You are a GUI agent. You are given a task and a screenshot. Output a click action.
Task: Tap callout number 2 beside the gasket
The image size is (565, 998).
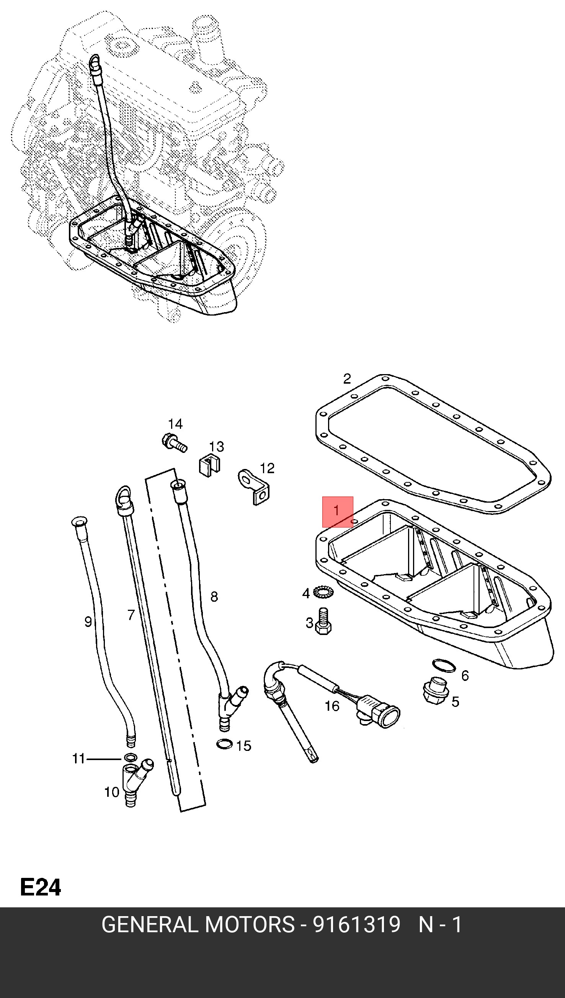pyautogui.click(x=347, y=379)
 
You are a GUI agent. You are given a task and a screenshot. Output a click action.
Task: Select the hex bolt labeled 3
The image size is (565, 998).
pyautogui.click(x=323, y=622)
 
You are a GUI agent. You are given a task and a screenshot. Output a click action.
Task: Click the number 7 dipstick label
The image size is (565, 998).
pyautogui.click(x=131, y=615)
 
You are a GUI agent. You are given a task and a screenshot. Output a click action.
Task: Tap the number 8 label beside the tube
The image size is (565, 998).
pyautogui.click(x=214, y=596)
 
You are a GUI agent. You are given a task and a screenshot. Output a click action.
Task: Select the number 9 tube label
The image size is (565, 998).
pyautogui.click(x=88, y=622)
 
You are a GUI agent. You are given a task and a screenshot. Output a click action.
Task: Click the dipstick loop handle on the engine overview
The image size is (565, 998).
pyautogui.click(x=95, y=61)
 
